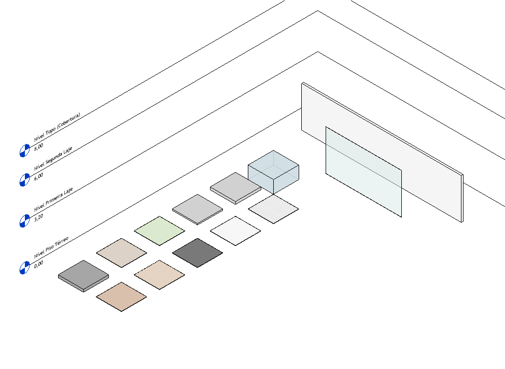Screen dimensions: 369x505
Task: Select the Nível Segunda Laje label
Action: click(x=53, y=158)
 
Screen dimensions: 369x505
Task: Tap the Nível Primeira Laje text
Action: click(x=53, y=199)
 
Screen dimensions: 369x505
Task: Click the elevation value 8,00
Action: click(x=38, y=148)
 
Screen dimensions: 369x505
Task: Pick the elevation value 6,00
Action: click(x=38, y=176)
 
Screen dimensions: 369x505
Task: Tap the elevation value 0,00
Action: click(x=38, y=263)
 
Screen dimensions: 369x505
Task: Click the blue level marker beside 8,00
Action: click(x=24, y=151)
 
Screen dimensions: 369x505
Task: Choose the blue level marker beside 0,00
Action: click(x=24, y=268)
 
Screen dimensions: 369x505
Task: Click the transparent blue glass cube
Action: click(x=273, y=172)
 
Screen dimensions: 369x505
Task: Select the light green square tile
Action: click(x=159, y=231)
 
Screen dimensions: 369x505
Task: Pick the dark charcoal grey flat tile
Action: click(x=197, y=253)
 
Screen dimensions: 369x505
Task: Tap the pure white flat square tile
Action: click(x=235, y=231)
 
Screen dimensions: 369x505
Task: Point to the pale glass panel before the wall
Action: click(x=363, y=171)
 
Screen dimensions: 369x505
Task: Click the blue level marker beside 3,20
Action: click(x=24, y=221)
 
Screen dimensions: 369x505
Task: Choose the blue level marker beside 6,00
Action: click(x=24, y=180)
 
